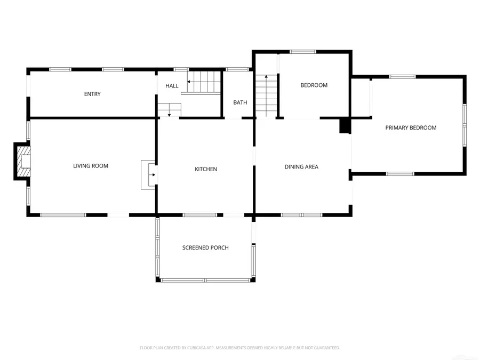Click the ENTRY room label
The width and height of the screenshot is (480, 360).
coord(92,94)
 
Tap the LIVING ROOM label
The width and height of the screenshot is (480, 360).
coord(91,166)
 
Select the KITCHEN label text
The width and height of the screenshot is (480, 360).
coord(205,170)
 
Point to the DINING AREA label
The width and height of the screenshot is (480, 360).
coord(301,167)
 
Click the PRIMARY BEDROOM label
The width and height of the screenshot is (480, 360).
coord(411,128)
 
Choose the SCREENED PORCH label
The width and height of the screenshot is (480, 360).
coord(205,248)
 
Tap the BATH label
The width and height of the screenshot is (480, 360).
coord(240,103)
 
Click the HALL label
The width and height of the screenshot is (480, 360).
coord(172,86)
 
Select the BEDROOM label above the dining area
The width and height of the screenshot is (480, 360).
coord(314,85)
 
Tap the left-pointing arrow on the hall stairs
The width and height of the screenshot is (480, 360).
coord(190,82)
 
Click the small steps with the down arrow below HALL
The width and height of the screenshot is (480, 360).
coord(169,110)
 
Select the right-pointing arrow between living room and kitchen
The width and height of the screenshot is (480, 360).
coord(153,174)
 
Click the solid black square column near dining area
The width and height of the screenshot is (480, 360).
coord(345,126)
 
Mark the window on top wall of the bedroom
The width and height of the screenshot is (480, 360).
coord(303,52)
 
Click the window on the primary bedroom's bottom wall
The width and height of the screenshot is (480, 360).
coord(400,173)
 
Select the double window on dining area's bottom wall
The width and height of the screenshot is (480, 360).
coord(301,215)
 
